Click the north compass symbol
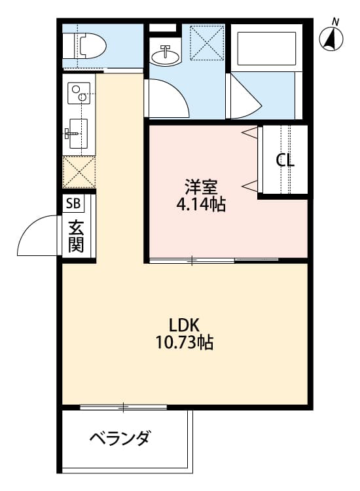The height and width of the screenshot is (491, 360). coord(333,39)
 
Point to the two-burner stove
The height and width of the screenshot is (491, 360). coord(79,93)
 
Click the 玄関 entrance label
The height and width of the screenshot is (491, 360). coord(76,237)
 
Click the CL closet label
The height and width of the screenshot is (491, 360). coord(285,160)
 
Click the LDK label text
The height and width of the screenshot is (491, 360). coord(184,324)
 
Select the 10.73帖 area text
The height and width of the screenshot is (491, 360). coord(184,342)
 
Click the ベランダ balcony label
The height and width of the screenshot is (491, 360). coord(120,437)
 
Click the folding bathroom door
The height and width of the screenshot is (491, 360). coord(243,98)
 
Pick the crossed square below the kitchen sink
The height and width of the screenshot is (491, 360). coord(79,172)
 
